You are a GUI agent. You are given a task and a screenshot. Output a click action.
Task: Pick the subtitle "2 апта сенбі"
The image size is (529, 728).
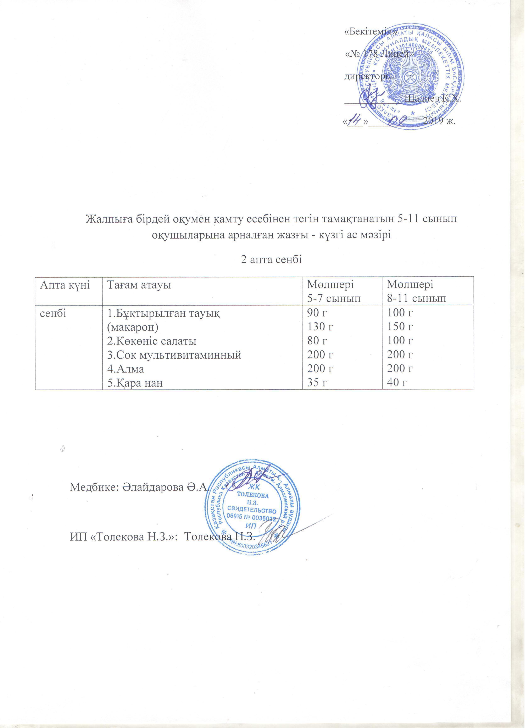point(271,260)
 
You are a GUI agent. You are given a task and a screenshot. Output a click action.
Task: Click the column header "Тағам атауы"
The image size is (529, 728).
point(139,285)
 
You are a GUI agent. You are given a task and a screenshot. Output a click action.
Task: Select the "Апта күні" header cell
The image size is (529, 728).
point(60,285)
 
